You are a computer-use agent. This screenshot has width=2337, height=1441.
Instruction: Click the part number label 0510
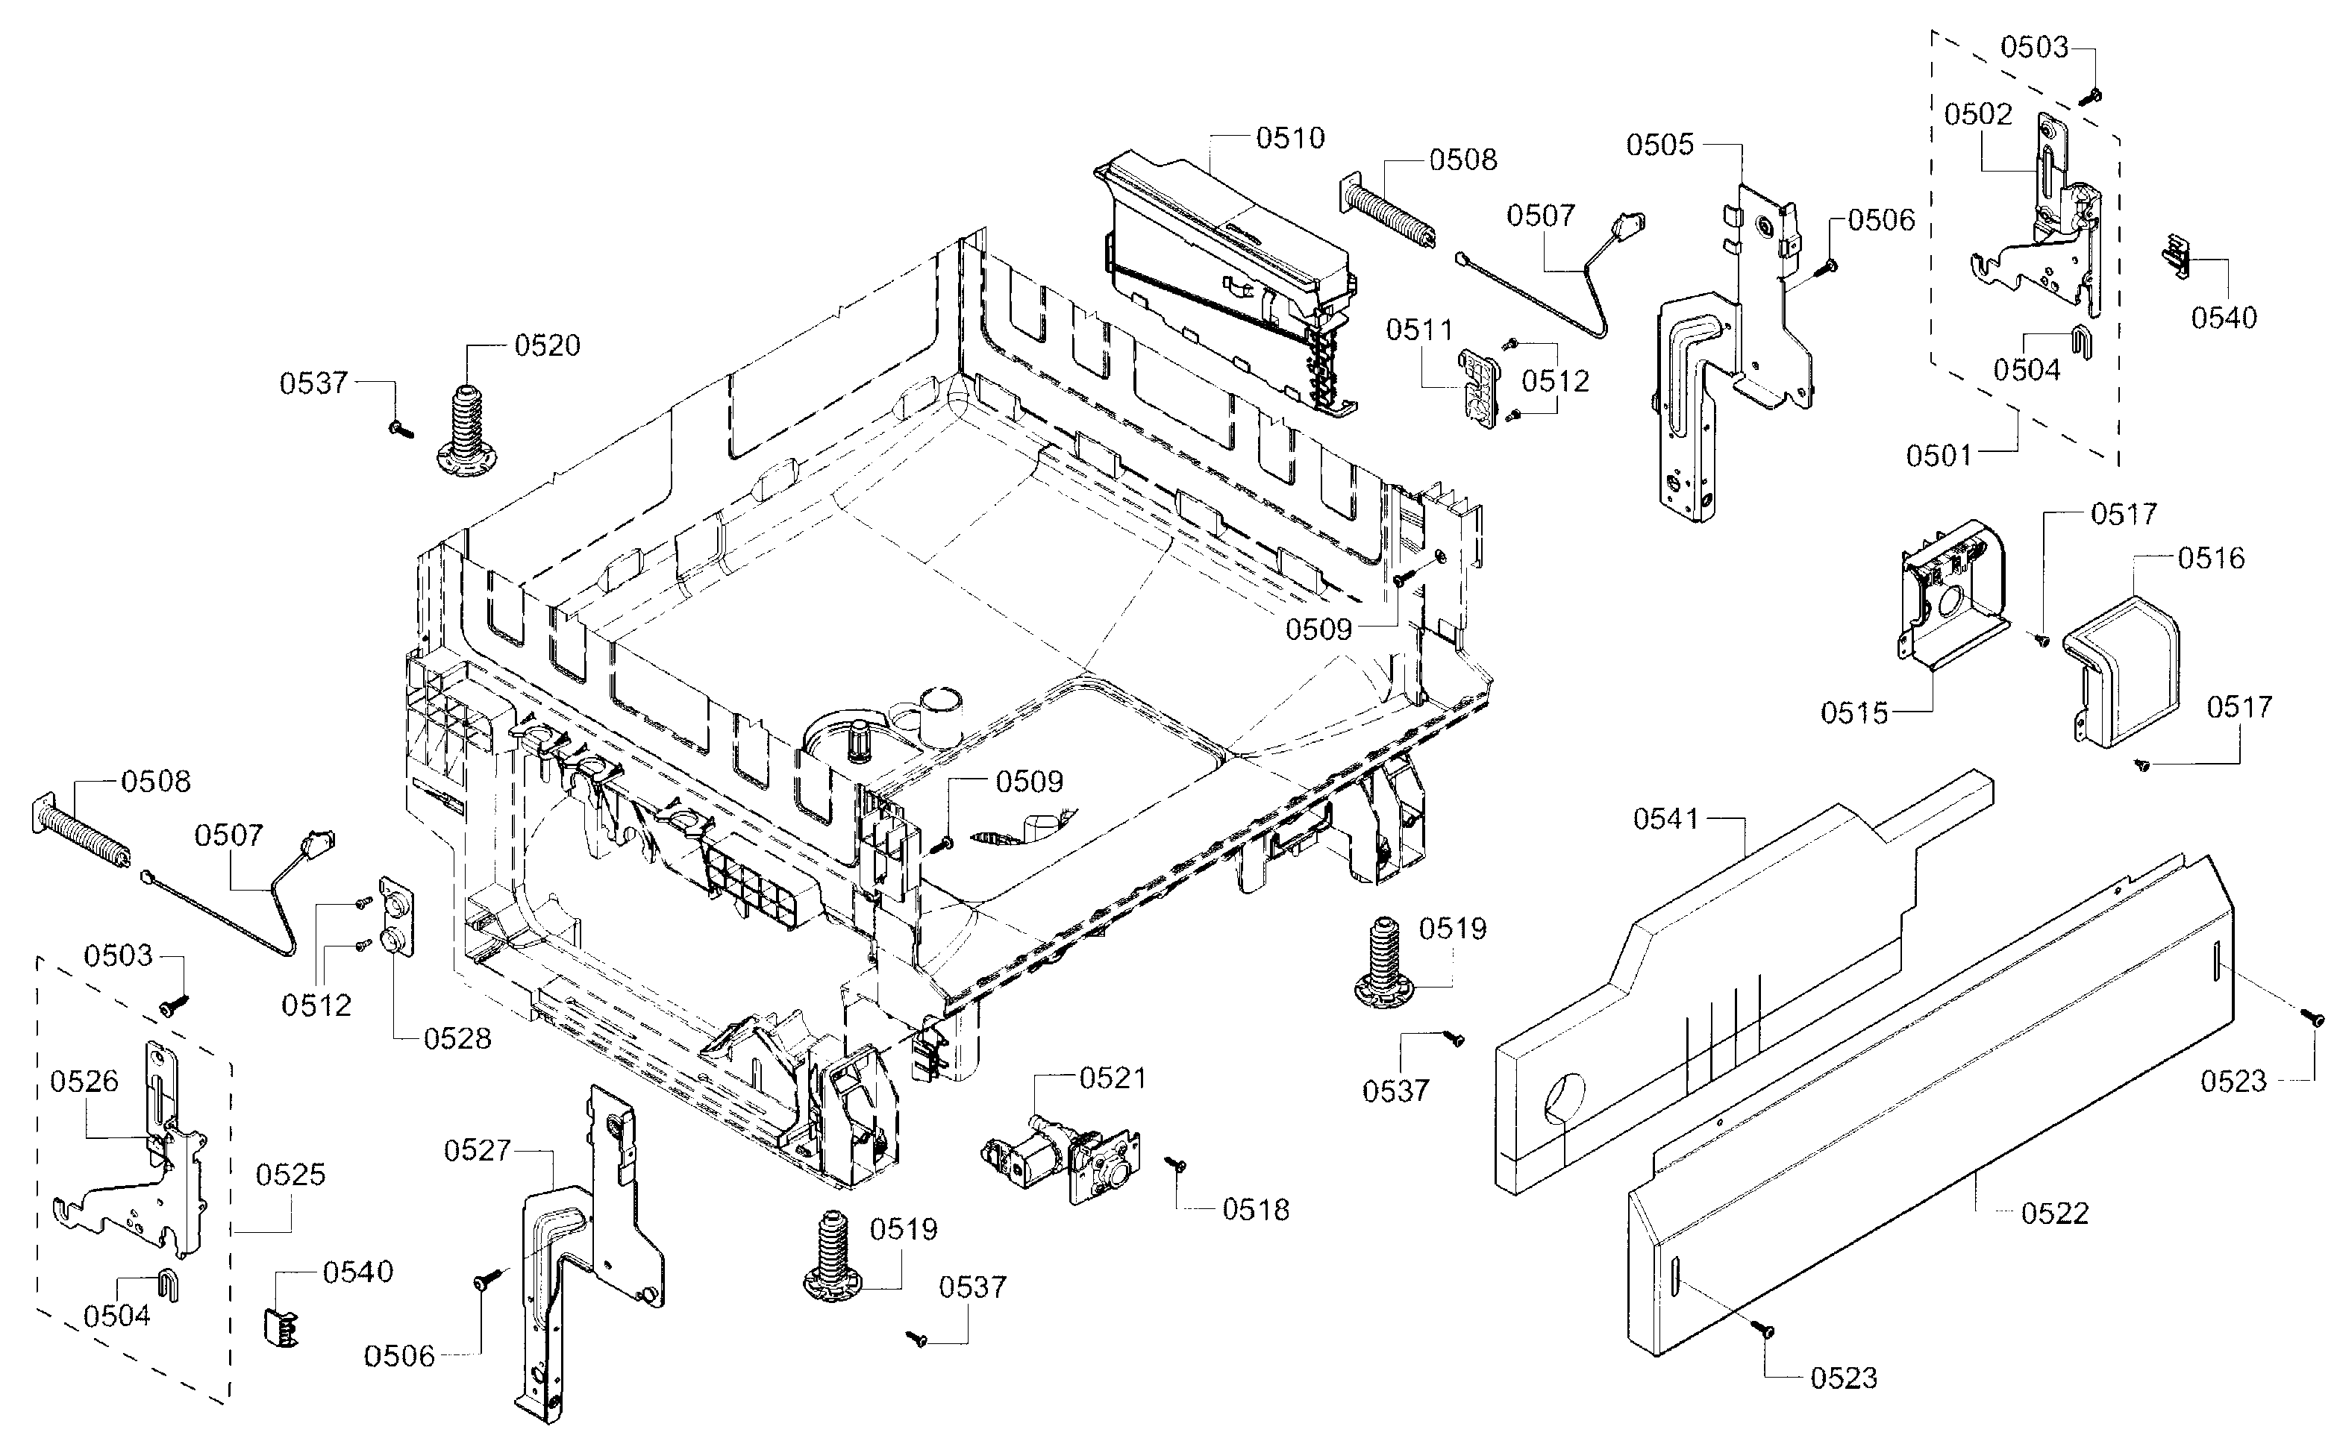click(x=1289, y=138)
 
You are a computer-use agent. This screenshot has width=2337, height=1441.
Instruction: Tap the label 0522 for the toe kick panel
click(x=2055, y=1214)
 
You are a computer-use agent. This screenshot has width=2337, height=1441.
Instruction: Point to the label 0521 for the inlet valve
click(x=1112, y=1078)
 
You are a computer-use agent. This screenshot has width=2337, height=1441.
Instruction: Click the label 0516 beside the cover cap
click(x=2210, y=558)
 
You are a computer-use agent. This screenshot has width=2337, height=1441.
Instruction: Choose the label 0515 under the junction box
click(x=1853, y=713)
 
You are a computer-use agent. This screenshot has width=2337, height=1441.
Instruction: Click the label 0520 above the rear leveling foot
click(x=547, y=345)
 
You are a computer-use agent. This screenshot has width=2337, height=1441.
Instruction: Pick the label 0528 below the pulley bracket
click(x=457, y=1038)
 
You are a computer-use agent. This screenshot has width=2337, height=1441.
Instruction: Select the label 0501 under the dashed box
click(x=1939, y=456)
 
